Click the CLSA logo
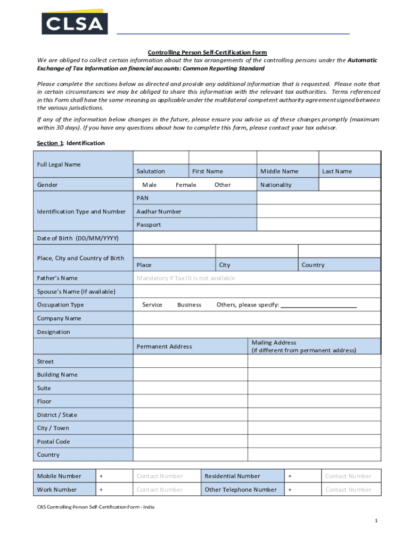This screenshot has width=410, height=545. click(75, 22)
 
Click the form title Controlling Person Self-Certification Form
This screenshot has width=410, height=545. click(207, 53)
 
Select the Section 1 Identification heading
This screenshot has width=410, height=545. click(70, 143)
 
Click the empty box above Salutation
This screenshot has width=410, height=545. click(161, 158)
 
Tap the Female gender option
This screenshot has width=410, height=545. click(186, 185)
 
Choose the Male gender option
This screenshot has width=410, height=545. click(149, 185)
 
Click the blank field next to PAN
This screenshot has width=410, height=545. click(318, 198)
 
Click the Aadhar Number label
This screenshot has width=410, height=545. click(159, 211)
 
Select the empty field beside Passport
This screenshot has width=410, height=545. click(318, 225)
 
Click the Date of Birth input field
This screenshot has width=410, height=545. click(257, 238)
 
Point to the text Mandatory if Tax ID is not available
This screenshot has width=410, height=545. click(185, 278)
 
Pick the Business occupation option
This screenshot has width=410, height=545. click(189, 305)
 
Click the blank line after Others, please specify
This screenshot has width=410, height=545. click(318, 305)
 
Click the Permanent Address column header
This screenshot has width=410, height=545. click(164, 346)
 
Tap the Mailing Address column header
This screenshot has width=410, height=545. click(304, 346)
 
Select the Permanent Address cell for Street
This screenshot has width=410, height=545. click(190, 361)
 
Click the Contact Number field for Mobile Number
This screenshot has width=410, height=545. click(160, 476)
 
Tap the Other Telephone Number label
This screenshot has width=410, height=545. click(241, 490)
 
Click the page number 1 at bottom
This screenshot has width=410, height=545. click(375, 521)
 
